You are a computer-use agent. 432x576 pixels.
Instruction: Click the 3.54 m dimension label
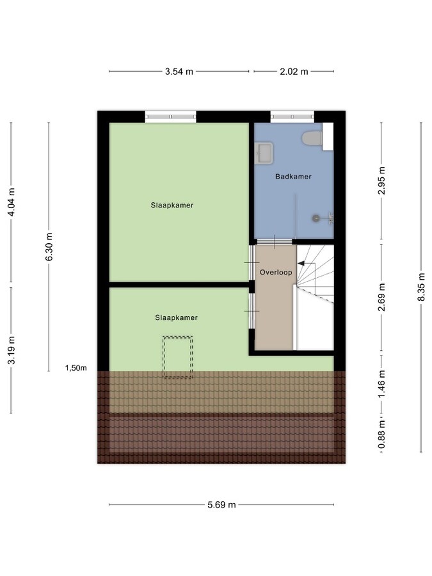[x=179, y=71]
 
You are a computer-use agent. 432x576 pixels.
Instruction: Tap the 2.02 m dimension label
[x=294, y=71]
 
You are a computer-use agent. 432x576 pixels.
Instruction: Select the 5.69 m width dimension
[x=221, y=505]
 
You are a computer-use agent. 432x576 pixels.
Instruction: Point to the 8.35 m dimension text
[x=421, y=287]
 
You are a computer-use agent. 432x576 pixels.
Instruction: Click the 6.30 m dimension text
[x=49, y=246]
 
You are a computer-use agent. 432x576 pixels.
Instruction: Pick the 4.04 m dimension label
[x=11, y=202]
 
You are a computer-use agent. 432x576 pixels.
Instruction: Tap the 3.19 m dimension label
[x=11, y=350]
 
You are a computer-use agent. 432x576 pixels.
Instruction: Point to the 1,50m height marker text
[x=76, y=368]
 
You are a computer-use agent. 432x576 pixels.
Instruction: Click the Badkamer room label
[x=293, y=177]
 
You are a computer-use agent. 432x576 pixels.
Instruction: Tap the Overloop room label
[x=276, y=272]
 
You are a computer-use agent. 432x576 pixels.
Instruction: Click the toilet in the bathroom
[x=312, y=138]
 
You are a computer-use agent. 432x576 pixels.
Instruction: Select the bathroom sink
[x=264, y=153]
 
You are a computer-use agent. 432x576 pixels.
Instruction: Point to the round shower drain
[x=316, y=218]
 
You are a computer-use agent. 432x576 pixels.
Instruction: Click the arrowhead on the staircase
[x=301, y=264]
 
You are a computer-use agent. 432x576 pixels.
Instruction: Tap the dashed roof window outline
[x=178, y=357]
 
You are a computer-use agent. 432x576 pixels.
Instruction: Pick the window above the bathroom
[x=292, y=116]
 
